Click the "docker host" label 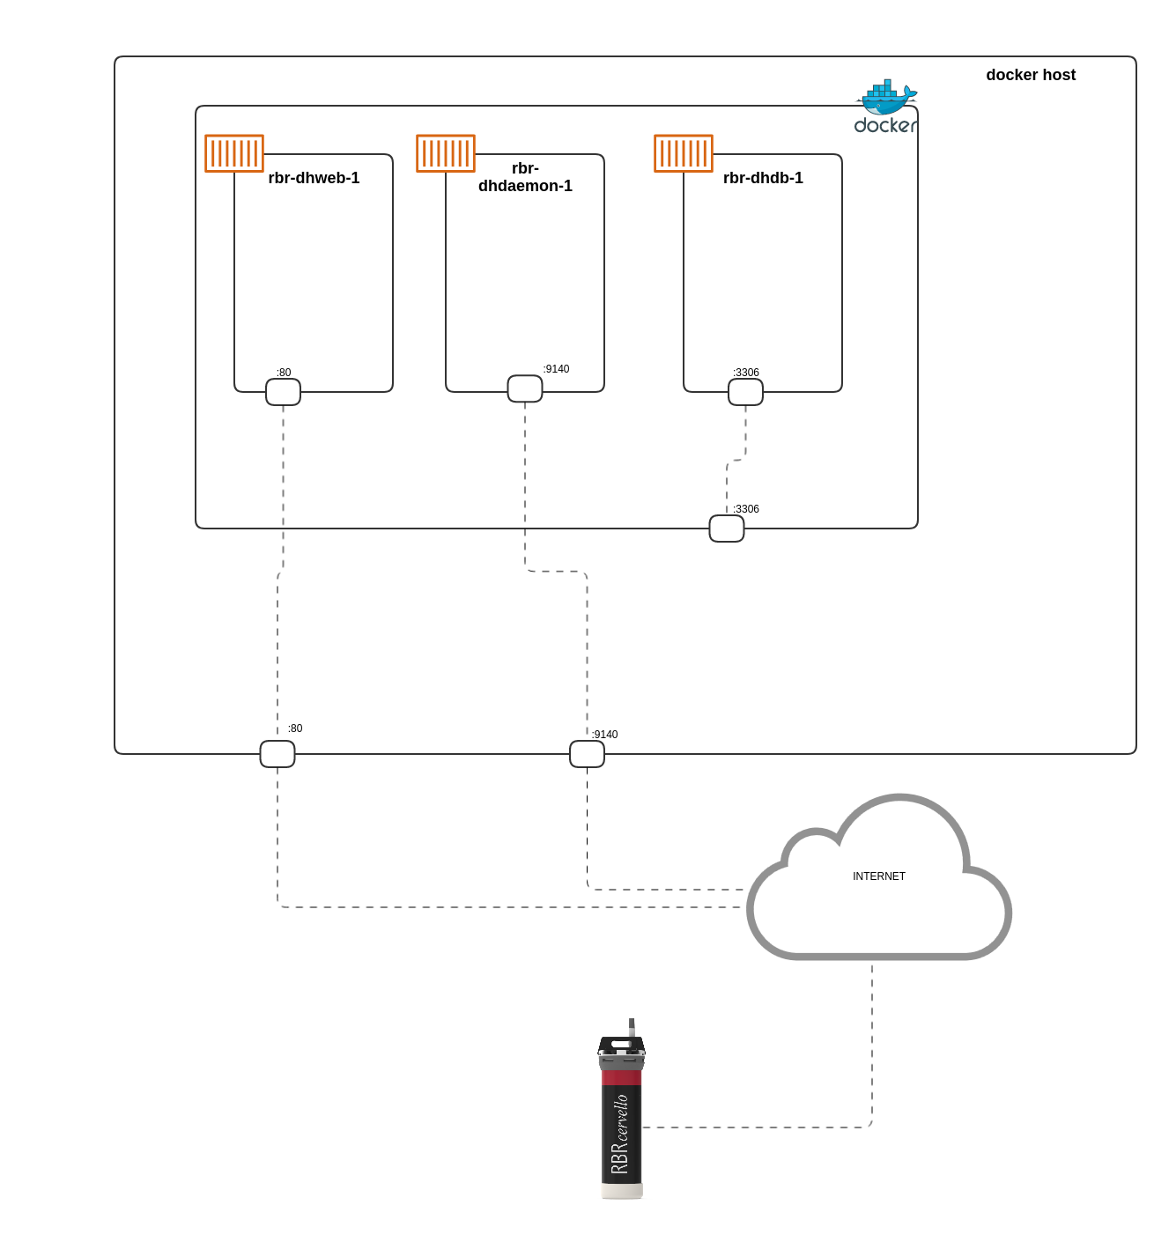(1031, 75)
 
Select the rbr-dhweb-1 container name (314, 178)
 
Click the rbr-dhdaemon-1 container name (525, 177)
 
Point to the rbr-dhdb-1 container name (763, 178)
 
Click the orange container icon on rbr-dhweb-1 (234, 153)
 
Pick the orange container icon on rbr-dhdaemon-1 (446, 153)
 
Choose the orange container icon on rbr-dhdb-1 (684, 153)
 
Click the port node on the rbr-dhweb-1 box (283, 392)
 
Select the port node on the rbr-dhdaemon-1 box (525, 388)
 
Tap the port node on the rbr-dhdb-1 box (745, 392)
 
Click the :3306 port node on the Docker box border (727, 529)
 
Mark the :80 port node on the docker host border (277, 754)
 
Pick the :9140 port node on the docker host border (587, 754)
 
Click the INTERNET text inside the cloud (879, 876)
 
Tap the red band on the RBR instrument (622, 1077)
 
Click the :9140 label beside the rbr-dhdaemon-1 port (556, 369)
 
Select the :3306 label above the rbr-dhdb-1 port (746, 373)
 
